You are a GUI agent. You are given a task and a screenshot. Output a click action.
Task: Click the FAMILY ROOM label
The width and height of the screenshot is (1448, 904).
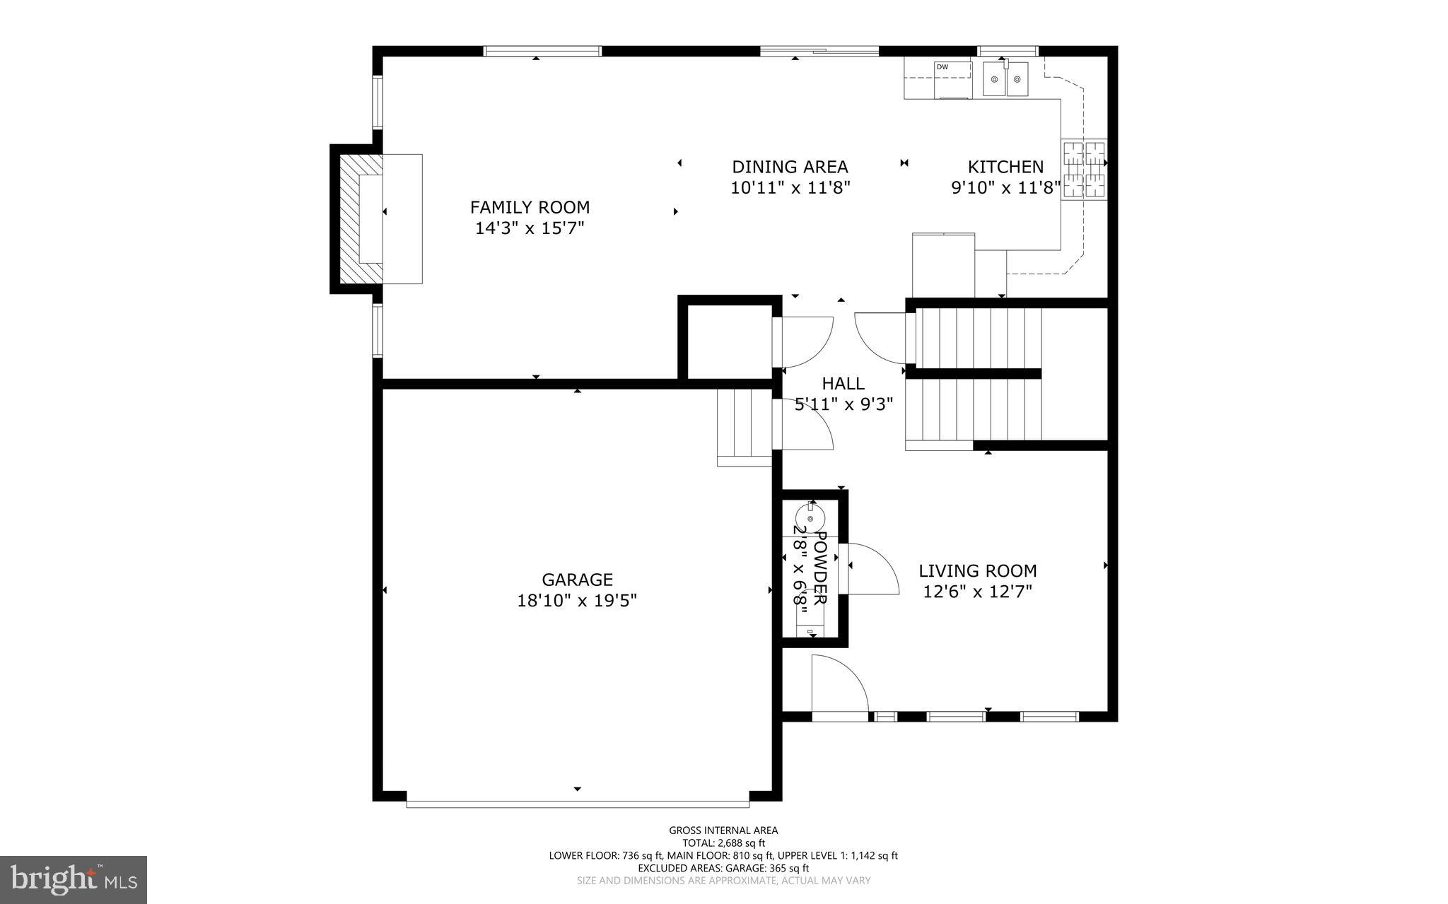pyautogui.click(x=530, y=207)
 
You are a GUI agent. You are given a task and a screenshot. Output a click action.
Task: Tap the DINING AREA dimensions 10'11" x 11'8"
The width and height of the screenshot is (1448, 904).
pyautogui.click(x=790, y=188)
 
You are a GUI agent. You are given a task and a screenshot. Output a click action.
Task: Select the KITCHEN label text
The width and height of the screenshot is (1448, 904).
pyautogui.click(x=1005, y=167)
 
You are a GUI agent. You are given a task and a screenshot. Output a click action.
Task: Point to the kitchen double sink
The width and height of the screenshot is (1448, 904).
pyautogui.click(x=1007, y=78)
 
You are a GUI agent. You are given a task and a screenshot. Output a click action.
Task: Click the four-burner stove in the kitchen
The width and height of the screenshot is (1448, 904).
pyautogui.click(x=1084, y=169)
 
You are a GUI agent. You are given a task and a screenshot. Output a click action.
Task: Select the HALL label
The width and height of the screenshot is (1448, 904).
pyautogui.click(x=843, y=384)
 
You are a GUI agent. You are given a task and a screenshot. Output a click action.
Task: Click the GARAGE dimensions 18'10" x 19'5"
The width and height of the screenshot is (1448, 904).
pyautogui.click(x=577, y=601)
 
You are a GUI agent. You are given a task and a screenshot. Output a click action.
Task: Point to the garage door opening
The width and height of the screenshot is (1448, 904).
pyautogui.click(x=577, y=804)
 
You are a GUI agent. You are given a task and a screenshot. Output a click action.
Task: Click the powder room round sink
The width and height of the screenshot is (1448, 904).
pyautogui.click(x=810, y=518)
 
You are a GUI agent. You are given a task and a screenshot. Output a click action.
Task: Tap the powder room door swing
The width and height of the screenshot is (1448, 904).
pyautogui.click(x=872, y=569)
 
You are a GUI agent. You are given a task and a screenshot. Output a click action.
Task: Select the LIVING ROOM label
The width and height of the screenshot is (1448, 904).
pyautogui.click(x=977, y=571)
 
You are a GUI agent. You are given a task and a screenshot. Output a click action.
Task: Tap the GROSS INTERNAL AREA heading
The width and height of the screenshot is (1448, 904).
pyautogui.click(x=723, y=830)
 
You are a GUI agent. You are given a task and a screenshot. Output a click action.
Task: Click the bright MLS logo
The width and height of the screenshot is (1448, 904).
pyautogui.click(x=74, y=879)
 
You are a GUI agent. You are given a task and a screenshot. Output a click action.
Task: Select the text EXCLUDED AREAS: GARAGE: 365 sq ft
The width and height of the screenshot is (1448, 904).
pyautogui.click(x=723, y=868)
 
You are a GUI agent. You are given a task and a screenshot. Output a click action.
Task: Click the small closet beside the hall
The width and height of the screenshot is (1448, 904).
pyautogui.click(x=728, y=342)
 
